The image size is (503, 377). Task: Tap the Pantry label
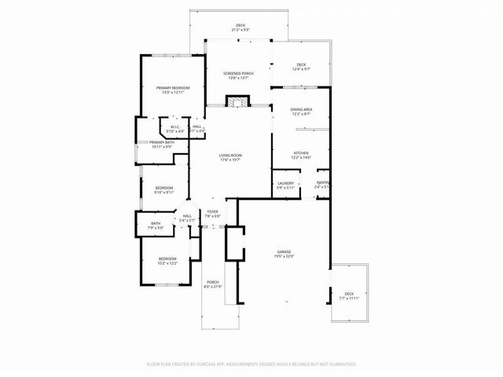pos(322,185)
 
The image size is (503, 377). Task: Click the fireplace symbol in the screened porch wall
pos(237,102)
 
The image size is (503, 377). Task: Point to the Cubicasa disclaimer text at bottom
pos(251,364)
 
